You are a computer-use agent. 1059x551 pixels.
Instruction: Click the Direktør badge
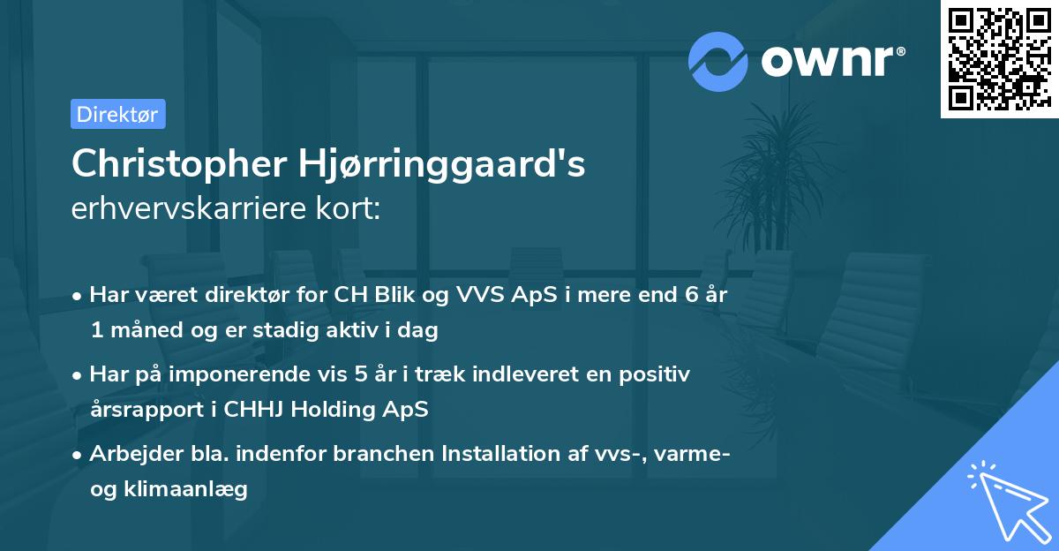point(117,114)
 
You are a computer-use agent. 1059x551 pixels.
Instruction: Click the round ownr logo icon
point(717,61)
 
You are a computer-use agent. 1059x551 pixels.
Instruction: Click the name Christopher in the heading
point(178,163)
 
